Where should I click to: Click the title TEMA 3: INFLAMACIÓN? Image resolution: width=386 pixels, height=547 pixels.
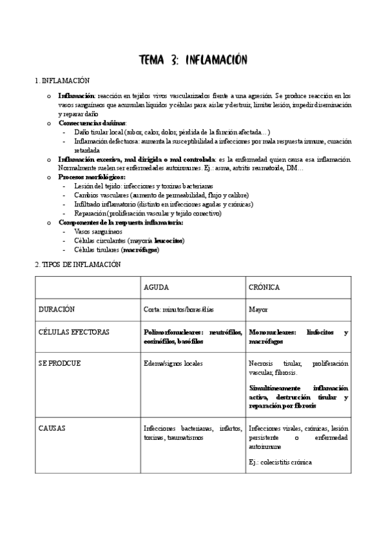coord(193,60)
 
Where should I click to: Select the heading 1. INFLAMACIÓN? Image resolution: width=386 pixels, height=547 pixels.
coord(61,81)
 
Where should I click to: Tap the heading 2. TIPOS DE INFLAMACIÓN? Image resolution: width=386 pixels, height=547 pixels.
coord(77,264)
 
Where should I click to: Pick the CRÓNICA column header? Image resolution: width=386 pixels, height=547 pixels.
coord(264,287)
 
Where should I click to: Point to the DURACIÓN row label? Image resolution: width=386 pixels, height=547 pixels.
coord(57,309)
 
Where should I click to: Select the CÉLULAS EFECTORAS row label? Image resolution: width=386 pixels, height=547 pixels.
coord(74,332)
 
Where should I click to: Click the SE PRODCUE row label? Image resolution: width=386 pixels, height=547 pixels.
coord(59,363)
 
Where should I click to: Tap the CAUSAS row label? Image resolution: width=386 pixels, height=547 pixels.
coord(52,428)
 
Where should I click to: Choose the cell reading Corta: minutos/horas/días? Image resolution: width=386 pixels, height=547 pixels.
coord(179,310)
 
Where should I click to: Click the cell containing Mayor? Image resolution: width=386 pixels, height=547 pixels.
coord(258,310)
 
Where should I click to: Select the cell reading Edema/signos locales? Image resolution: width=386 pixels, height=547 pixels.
coord(173,364)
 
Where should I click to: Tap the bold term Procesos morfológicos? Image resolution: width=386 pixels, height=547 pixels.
coord(92,177)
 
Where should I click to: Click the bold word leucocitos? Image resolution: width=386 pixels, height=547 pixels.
coord(169,241)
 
